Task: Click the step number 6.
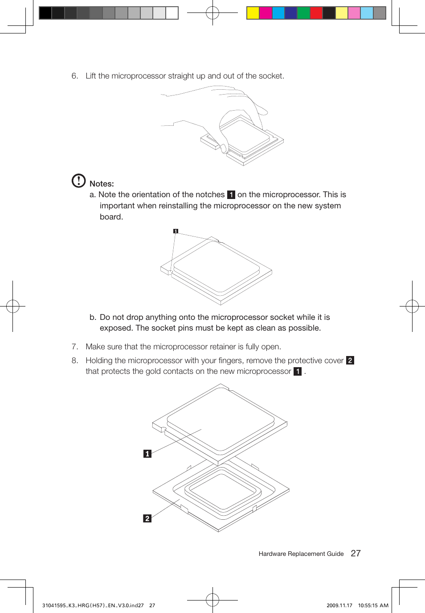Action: click(x=74, y=76)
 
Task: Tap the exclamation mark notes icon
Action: click(x=78, y=180)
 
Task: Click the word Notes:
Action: click(x=102, y=184)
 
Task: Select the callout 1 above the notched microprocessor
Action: click(x=176, y=231)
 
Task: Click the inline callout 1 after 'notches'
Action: click(x=231, y=195)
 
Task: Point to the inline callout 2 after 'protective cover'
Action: click(x=350, y=360)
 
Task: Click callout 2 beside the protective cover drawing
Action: click(x=147, y=518)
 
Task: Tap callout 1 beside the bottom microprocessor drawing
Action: click(x=147, y=454)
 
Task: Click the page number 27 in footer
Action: click(x=356, y=553)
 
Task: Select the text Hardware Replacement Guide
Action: click(x=301, y=554)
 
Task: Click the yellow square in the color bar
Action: click(x=253, y=13)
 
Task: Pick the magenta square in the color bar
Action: click(x=266, y=13)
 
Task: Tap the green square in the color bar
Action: click(x=303, y=13)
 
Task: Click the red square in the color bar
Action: click(x=316, y=13)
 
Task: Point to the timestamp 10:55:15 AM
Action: click(x=373, y=605)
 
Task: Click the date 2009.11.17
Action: click(x=339, y=605)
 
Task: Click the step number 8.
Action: click(x=74, y=360)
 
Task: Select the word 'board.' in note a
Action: click(x=111, y=217)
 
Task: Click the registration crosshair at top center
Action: click(x=212, y=13)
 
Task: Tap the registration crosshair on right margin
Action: click(x=412, y=306)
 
